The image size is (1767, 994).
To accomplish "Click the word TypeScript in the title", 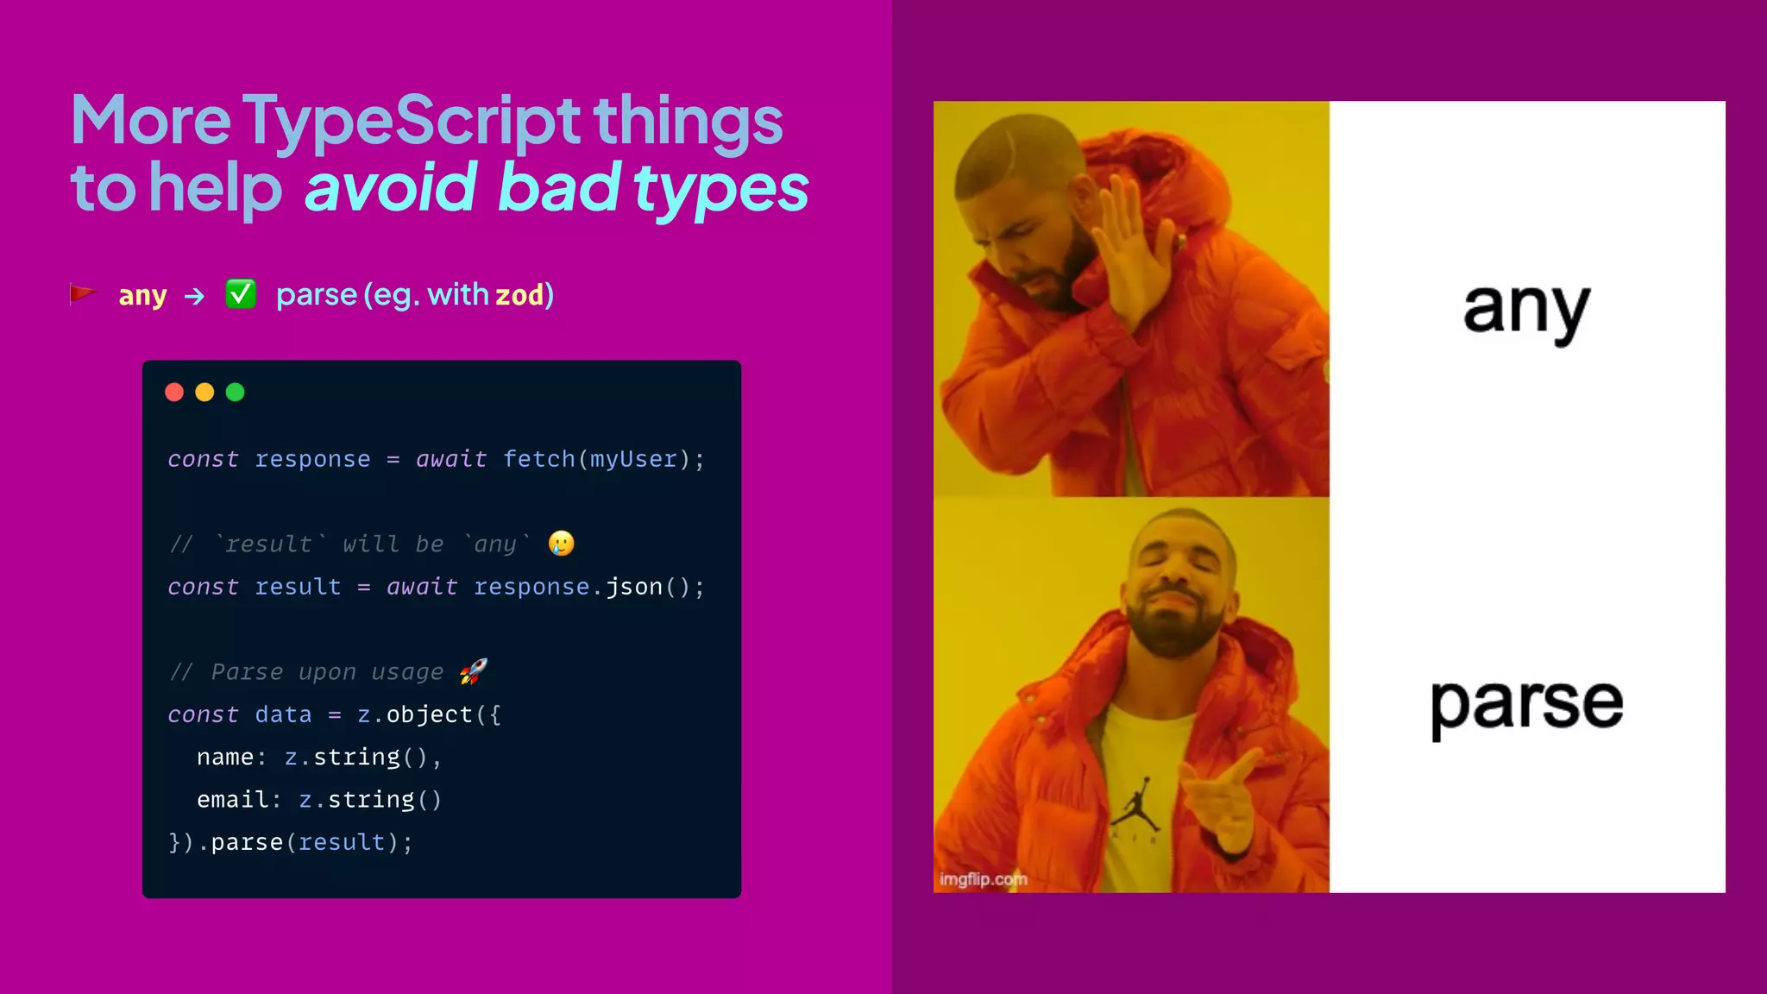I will [x=411, y=121].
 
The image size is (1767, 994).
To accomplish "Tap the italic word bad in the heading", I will [x=558, y=187].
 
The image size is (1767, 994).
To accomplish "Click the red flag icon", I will [x=82, y=295].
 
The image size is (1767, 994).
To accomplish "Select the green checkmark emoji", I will [x=241, y=294].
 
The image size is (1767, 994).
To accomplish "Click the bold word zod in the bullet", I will [x=519, y=295].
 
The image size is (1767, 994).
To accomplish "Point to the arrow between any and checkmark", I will [x=195, y=297].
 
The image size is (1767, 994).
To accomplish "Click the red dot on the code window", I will [x=174, y=393].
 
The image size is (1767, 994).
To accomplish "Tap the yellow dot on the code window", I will [x=204, y=393].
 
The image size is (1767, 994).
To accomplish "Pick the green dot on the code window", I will [x=235, y=393].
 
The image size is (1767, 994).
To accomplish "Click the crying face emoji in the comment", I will [x=561, y=543].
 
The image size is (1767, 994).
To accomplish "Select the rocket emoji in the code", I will [x=473, y=670].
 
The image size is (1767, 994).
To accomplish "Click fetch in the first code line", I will [x=538, y=459].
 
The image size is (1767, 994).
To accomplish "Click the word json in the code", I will [x=633, y=587].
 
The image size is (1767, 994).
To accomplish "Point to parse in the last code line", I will [x=247, y=842].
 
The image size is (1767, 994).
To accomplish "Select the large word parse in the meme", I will [x=1525, y=704].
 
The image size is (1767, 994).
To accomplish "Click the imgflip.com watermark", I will [x=983, y=879].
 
